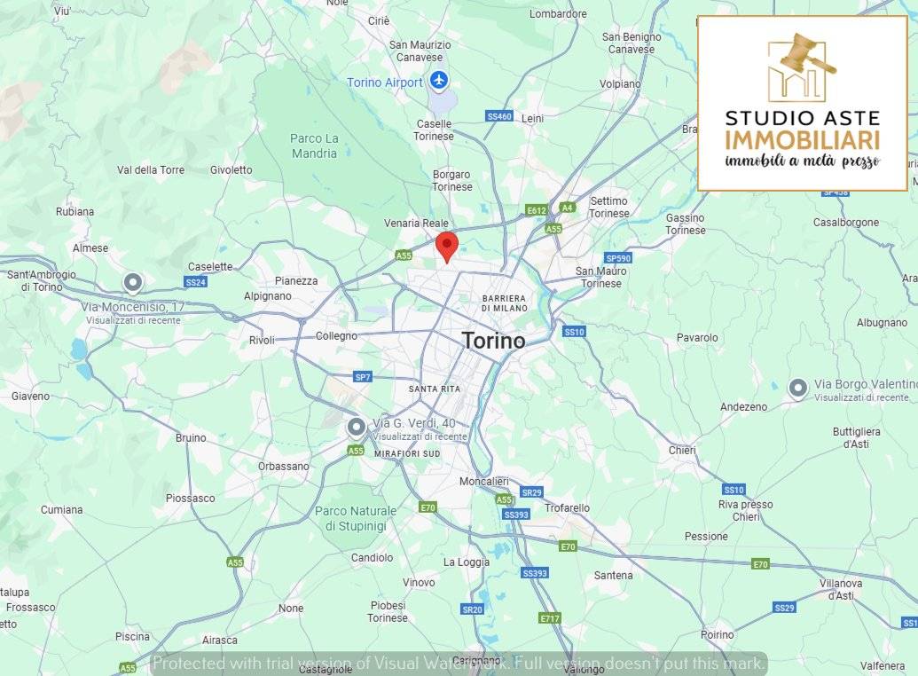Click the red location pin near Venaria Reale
[x=447, y=245]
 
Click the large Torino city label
[x=493, y=341]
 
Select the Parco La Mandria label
[x=314, y=145]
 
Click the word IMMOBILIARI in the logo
[x=802, y=140]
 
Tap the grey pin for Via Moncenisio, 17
[x=133, y=283]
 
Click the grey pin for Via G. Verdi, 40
[x=357, y=428]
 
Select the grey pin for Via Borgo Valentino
[x=798, y=388]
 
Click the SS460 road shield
[x=499, y=116]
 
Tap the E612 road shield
[x=536, y=210]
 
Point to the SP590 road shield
[x=617, y=258]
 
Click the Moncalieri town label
[x=483, y=481]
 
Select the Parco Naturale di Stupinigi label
[x=355, y=518]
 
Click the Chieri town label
[x=682, y=450]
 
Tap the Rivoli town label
[x=262, y=340]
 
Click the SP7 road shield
[x=362, y=377]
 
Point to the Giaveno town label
[x=31, y=396]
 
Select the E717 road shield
[x=549, y=618]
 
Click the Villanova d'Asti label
[x=840, y=589]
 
